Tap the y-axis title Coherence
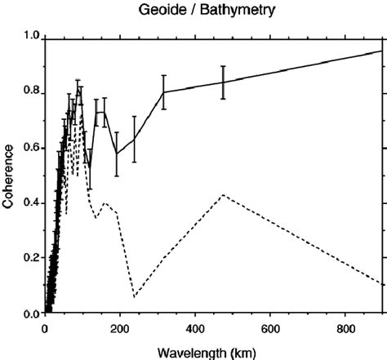pos(8,176)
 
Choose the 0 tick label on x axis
pos(45,328)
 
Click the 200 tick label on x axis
pos(120,328)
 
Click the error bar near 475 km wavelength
pos(223,82)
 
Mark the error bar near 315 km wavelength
pos(163,91)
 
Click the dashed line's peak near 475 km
pos(223,195)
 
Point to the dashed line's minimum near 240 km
pos(135,296)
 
